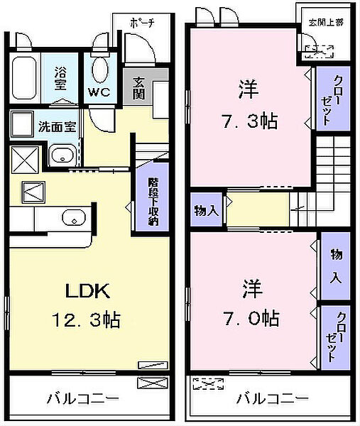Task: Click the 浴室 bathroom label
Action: click(60, 77)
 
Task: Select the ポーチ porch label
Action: click(142, 23)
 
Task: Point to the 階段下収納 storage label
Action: click(152, 202)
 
